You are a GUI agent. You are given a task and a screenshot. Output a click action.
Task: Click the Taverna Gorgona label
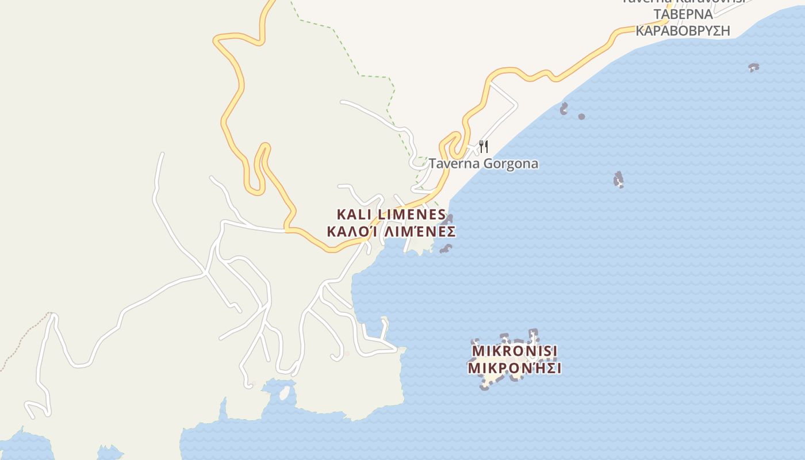click(484, 164)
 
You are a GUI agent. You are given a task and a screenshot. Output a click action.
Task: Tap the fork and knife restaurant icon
click(483, 147)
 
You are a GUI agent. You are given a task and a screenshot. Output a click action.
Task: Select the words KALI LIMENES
click(391, 215)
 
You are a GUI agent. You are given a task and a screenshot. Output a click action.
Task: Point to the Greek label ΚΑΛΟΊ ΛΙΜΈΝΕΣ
click(391, 232)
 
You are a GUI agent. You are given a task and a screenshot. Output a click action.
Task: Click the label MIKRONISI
click(515, 351)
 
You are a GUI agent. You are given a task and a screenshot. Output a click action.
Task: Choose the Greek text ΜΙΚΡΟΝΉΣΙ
click(515, 368)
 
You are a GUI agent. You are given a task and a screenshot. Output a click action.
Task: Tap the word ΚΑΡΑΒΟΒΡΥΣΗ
click(683, 30)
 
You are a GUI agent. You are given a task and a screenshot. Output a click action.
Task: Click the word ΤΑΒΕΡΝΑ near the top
click(683, 14)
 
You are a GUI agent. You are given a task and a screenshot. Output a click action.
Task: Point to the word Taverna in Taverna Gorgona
click(454, 164)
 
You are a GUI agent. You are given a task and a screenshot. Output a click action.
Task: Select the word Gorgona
click(511, 164)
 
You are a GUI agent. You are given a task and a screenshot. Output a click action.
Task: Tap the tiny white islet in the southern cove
click(284, 393)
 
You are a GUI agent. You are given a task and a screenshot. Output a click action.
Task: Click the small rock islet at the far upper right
click(754, 67)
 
